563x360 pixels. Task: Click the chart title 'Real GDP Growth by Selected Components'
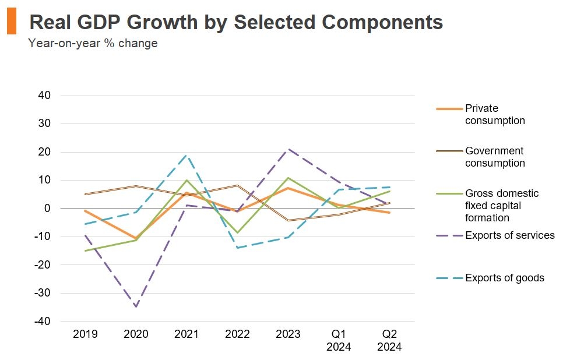[235, 22]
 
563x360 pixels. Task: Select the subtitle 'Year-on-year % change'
[93, 44]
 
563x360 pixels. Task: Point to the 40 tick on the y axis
[44, 96]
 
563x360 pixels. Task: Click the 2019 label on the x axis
[85, 334]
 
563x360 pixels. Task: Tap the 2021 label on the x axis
[187, 334]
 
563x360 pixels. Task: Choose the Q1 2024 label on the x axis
[339, 340]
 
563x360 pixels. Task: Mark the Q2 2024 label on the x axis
[389, 340]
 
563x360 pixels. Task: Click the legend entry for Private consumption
[494, 115]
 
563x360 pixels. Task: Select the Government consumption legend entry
[494, 157]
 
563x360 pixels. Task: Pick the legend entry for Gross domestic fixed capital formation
[501, 206]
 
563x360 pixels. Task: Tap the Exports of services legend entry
[509, 235]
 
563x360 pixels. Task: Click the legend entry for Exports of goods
[504, 278]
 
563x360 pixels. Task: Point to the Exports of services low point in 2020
[136, 306]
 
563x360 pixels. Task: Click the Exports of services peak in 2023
[288, 149]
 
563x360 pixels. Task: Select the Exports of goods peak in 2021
[187, 155]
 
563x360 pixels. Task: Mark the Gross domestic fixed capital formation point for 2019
[85, 251]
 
